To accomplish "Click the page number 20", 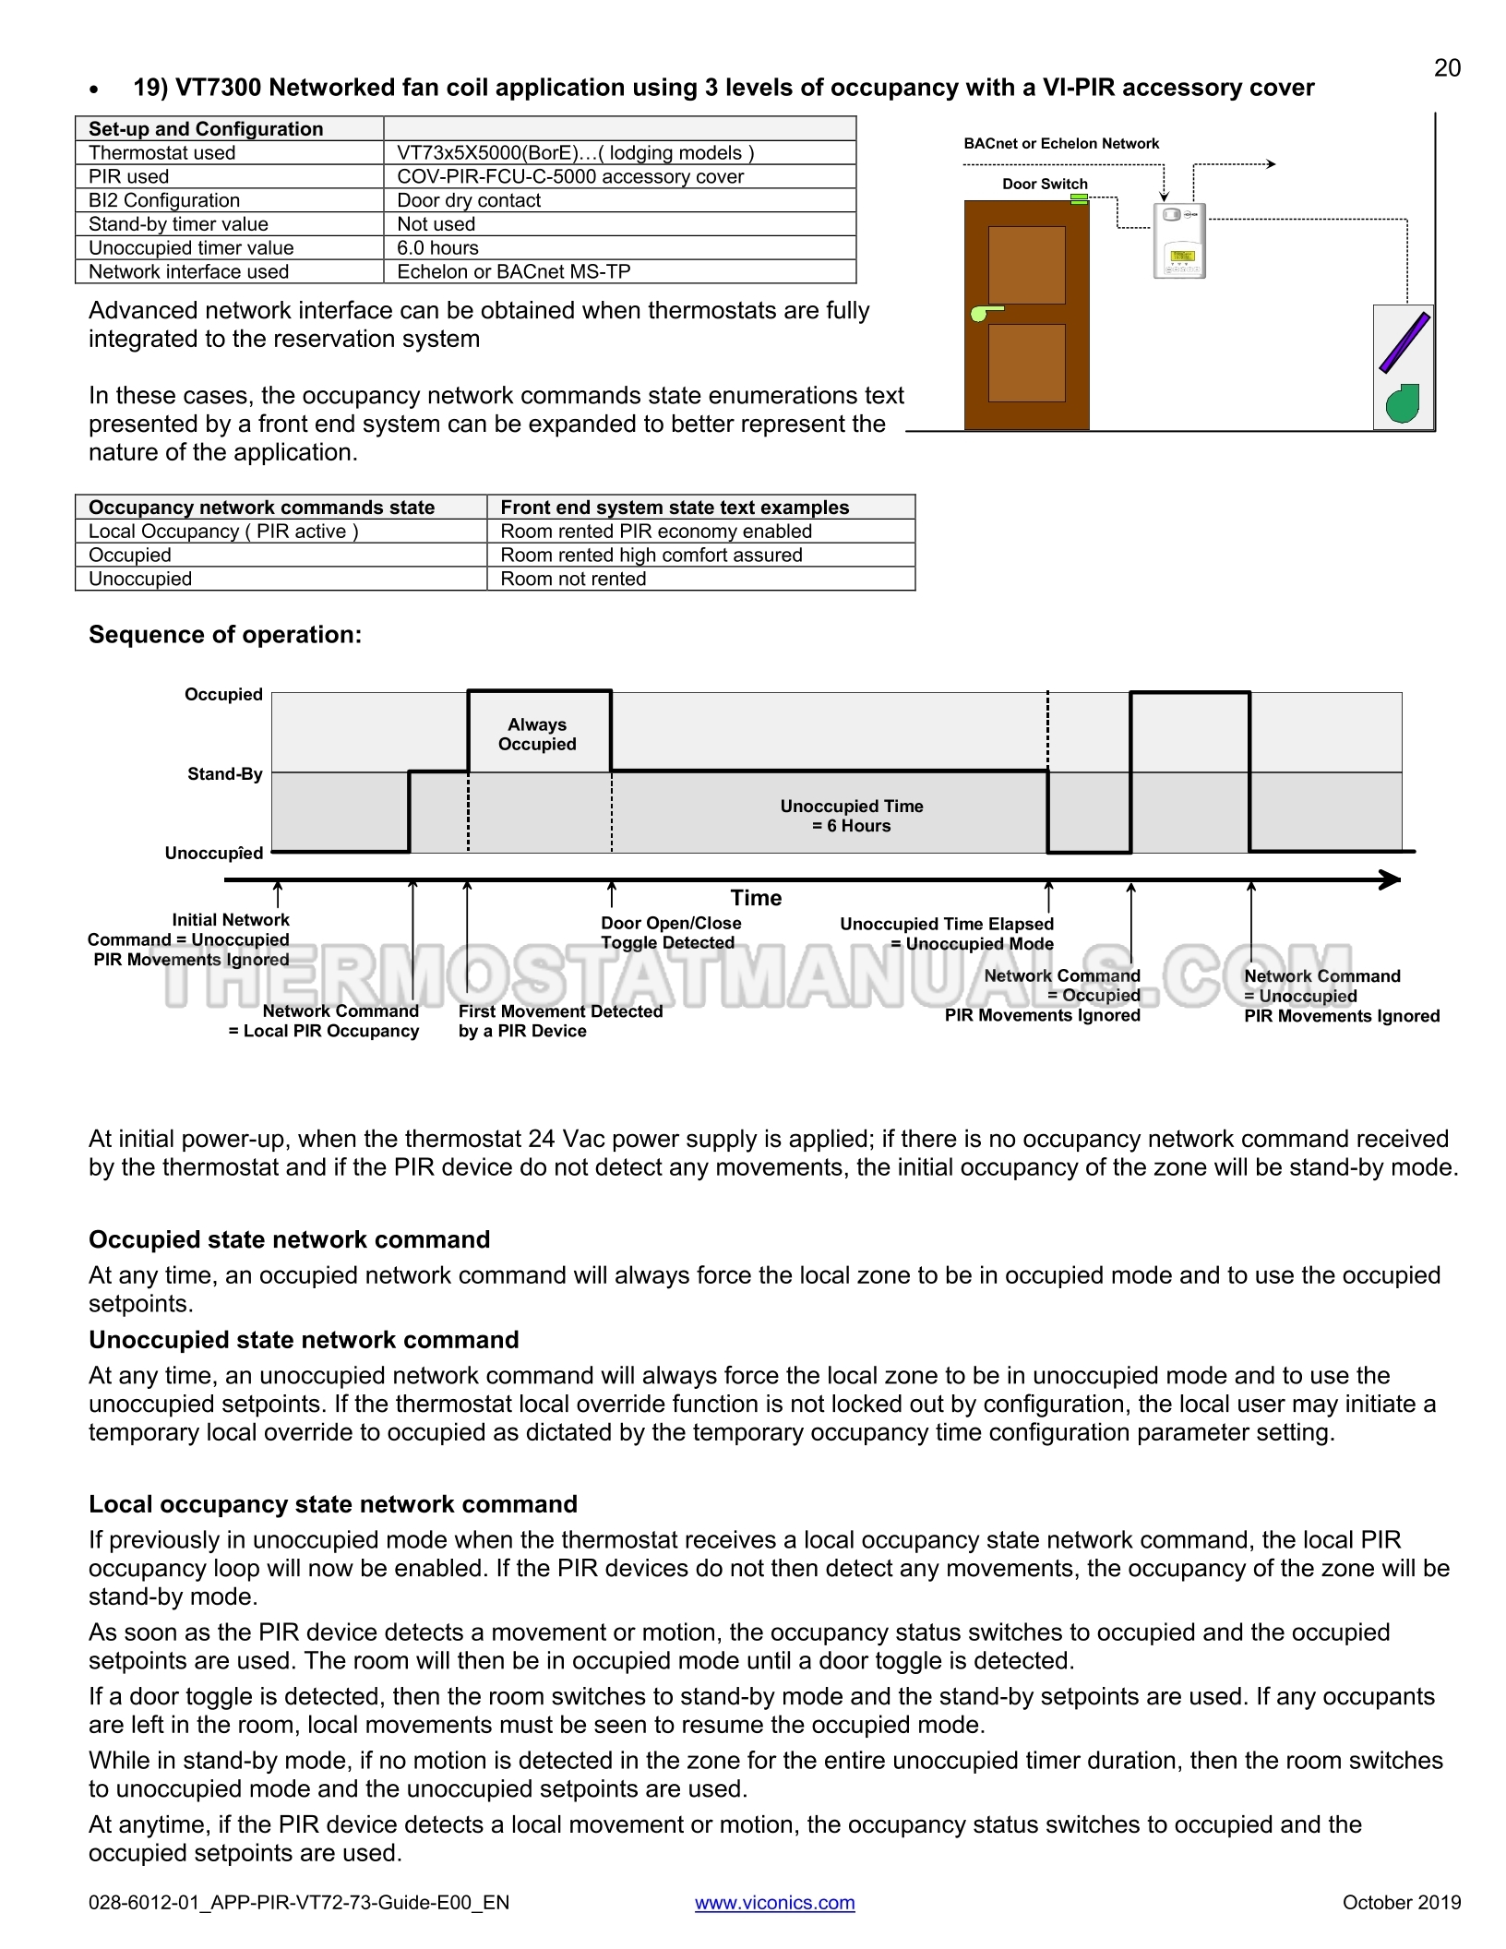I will point(1447,67).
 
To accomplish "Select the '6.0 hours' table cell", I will point(437,247).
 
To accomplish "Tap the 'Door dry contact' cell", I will point(469,200).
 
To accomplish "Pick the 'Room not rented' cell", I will point(573,579).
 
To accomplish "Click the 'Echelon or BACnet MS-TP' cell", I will point(513,271).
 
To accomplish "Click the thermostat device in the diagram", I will point(1179,241).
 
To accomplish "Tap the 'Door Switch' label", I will point(1045,184).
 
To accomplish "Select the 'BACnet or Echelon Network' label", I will point(1061,143).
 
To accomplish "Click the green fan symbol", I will point(1403,402).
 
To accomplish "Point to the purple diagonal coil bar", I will point(1404,342).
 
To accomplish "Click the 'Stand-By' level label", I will point(225,773).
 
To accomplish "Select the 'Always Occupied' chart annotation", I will point(537,735).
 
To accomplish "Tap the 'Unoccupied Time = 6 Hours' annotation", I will point(852,816).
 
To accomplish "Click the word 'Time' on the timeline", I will point(756,898).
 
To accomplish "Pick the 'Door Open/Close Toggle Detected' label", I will point(671,933).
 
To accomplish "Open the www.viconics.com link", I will point(774,1902).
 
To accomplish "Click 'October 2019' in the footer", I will point(1402,1902).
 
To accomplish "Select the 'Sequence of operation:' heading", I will point(225,635).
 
